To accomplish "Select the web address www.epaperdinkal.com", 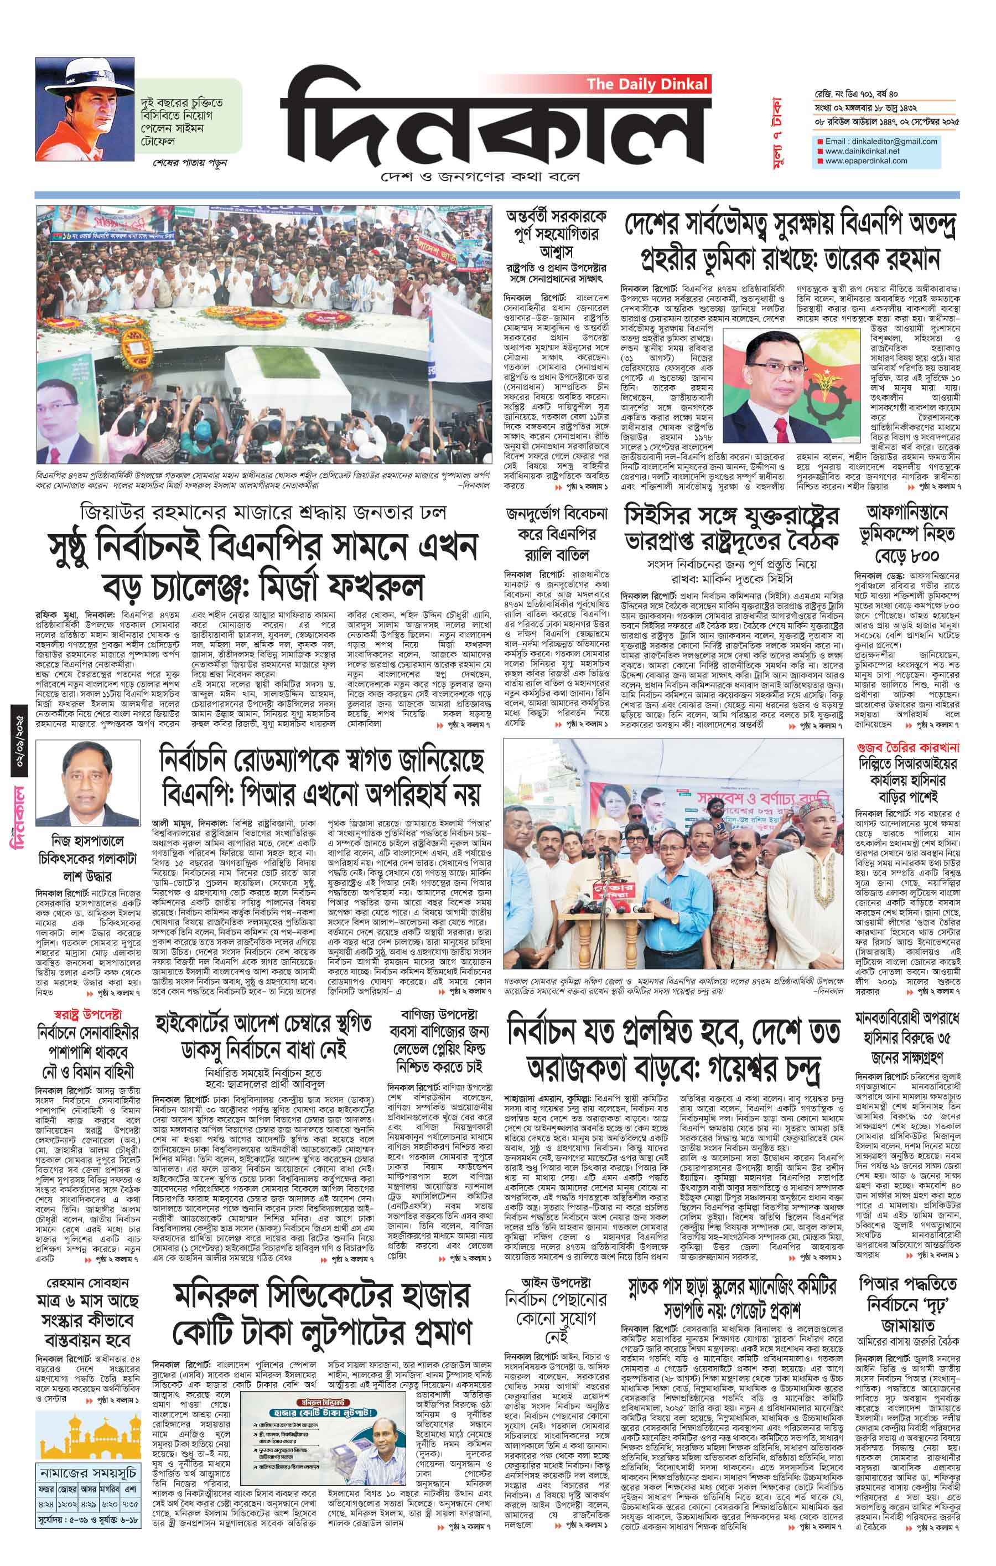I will (x=866, y=161).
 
